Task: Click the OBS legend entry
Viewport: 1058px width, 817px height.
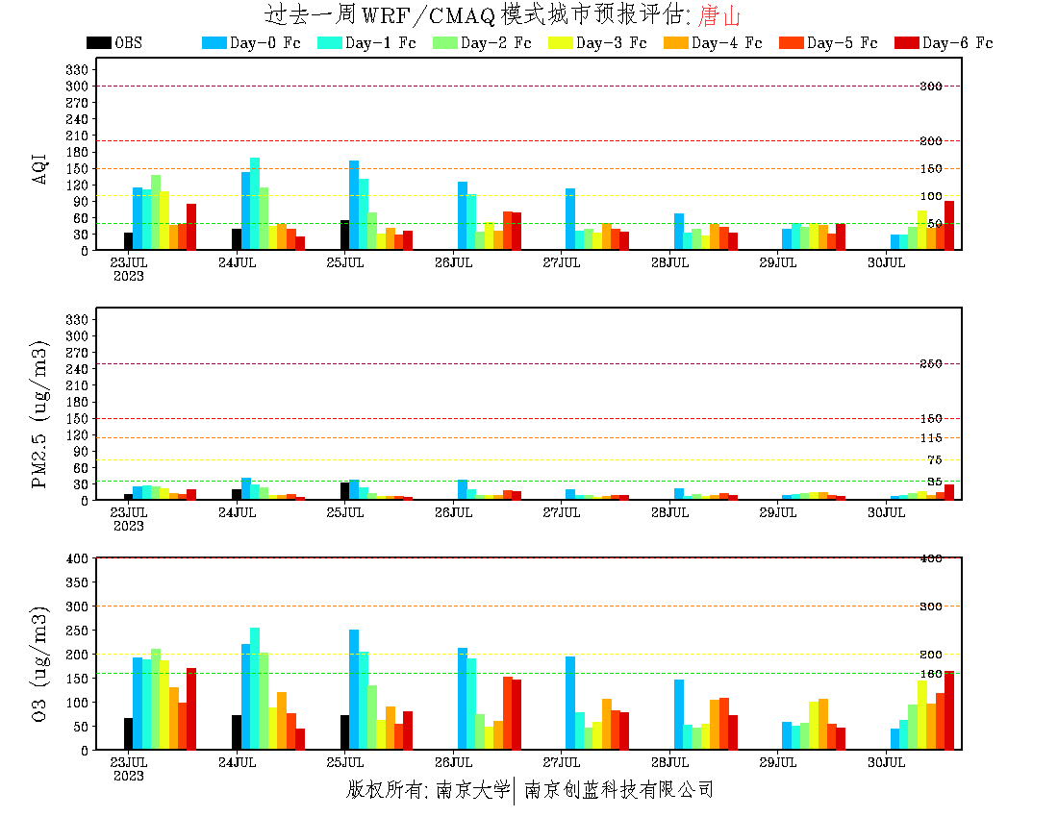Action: point(114,43)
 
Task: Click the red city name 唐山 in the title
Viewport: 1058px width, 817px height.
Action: point(720,15)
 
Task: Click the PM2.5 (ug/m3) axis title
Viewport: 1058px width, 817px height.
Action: point(40,413)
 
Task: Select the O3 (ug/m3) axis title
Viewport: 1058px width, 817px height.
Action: point(40,663)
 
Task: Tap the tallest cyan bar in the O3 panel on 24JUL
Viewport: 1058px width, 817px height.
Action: point(254,688)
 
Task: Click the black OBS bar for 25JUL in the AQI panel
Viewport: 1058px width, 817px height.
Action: point(344,235)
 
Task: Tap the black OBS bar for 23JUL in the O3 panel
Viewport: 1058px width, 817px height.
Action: point(128,733)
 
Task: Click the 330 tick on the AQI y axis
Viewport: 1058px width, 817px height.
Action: point(79,69)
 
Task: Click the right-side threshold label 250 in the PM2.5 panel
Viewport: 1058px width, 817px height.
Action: point(930,364)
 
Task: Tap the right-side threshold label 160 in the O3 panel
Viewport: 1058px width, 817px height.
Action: point(930,674)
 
